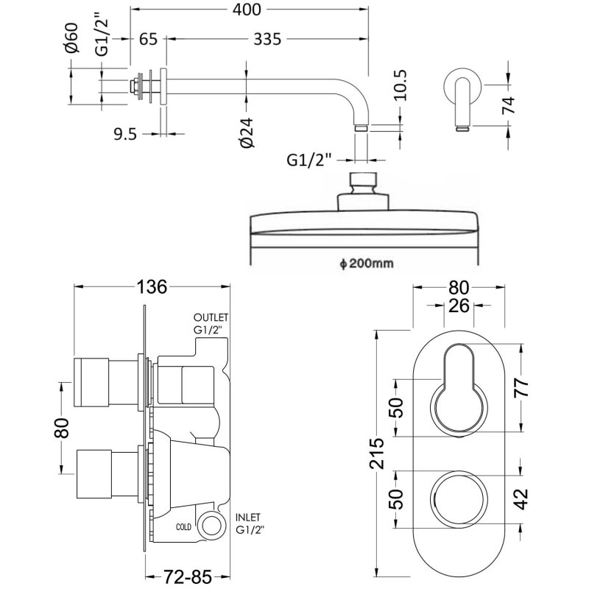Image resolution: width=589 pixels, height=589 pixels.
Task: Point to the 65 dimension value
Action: (148, 40)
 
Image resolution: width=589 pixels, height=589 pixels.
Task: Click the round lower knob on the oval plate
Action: (459, 498)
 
